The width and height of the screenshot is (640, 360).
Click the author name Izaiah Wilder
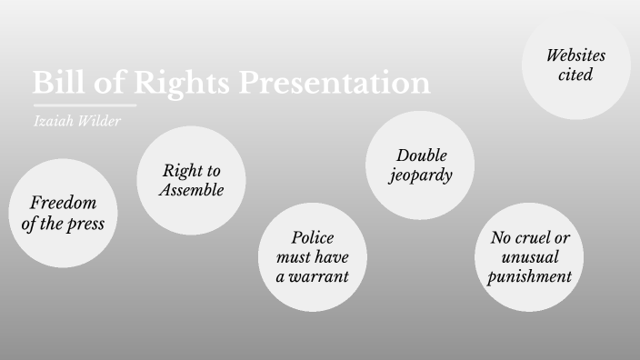[76, 121]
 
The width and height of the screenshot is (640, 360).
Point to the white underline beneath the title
[85, 105]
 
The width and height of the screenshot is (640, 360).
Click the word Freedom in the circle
[63, 203]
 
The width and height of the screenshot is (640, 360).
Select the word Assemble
[191, 190]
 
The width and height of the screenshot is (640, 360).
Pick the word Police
[313, 237]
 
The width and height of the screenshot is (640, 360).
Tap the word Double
[422, 155]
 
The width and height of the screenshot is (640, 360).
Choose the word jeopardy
[421, 175]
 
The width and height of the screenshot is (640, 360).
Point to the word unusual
[529, 257]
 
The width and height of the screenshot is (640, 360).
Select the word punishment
[529, 276]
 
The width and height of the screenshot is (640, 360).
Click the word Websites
[575, 55]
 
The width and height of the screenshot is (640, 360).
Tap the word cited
[575, 75]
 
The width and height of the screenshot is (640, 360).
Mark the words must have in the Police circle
[312, 257]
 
